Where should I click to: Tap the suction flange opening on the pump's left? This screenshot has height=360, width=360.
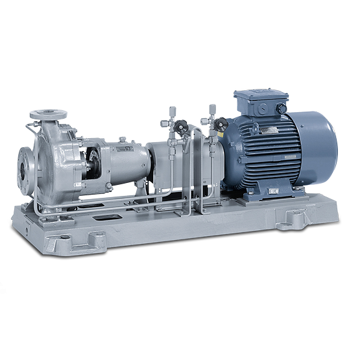click(x=25, y=170)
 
